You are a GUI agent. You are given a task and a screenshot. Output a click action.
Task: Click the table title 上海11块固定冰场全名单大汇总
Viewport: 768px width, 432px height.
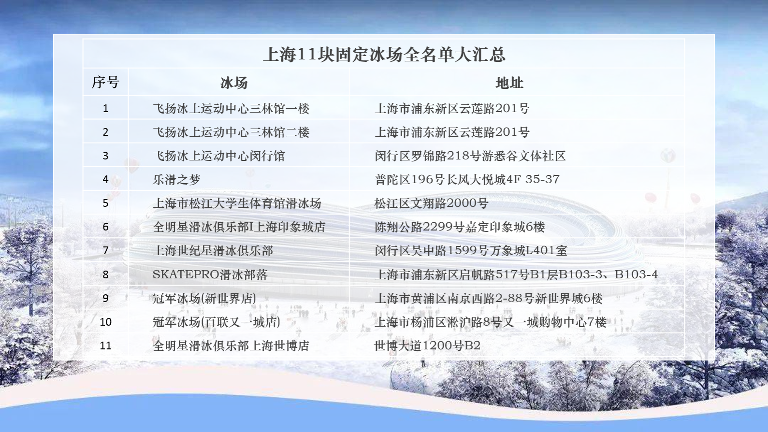tap(384, 55)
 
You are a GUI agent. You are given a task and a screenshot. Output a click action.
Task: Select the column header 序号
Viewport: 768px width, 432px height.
tap(105, 82)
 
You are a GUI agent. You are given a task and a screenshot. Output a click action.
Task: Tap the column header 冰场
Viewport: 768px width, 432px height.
tap(234, 83)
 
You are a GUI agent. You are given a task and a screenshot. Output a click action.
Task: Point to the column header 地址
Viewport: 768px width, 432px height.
tap(509, 83)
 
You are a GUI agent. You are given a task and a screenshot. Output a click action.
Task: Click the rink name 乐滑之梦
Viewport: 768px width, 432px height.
tap(176, 179)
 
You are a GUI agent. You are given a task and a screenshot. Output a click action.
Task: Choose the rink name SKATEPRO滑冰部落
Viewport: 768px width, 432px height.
tap(210, 274)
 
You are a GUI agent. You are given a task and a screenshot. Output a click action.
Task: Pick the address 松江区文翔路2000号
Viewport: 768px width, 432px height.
tap(431, 203)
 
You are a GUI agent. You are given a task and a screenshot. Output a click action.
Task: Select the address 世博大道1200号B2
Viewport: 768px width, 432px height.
tap(427, 345)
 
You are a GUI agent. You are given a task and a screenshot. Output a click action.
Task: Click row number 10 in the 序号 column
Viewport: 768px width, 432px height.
tap(105, 322)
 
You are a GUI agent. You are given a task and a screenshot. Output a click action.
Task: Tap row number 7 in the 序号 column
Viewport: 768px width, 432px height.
tap(105, 250)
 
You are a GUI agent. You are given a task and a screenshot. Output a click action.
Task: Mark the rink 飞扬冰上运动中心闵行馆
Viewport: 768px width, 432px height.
tap(219, 156)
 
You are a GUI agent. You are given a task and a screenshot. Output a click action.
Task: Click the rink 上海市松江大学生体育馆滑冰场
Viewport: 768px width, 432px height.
tap(237, 203)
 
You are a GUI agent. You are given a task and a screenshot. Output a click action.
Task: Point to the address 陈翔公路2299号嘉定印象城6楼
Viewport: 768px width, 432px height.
tap(460, 227)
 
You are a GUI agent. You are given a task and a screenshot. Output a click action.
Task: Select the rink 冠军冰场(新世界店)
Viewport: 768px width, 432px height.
tap(204, 298)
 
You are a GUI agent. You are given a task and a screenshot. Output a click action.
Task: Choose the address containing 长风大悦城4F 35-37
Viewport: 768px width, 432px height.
tap(467, 179)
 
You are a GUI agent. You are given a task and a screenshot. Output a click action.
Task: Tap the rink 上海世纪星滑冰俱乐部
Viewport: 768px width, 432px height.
tap(213, 250)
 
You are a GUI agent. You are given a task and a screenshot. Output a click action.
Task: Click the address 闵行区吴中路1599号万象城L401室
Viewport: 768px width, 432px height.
tap(471, 250)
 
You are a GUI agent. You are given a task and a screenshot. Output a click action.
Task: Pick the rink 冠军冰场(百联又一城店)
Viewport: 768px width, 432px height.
tap(217, 322)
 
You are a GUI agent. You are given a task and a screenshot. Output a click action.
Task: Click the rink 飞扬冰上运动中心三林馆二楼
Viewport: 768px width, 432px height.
tap(231, 132)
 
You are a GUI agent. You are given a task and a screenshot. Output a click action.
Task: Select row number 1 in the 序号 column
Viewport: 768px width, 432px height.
tap(105, 108)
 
